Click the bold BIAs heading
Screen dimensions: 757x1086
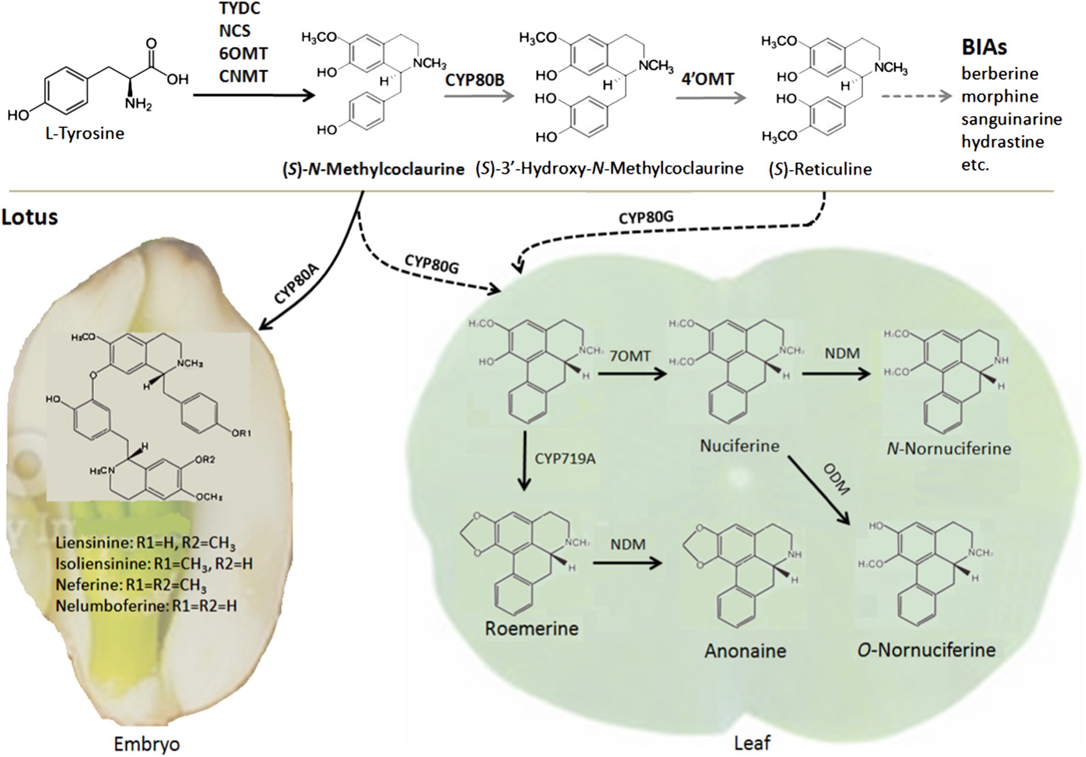pos(984,48)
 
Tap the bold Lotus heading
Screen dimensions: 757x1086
pos(30,217)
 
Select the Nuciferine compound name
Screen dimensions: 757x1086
pos(739,446)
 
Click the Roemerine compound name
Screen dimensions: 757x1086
pos(531,629)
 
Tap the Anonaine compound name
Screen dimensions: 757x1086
pos(745,651)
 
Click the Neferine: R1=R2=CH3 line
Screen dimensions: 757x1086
pos(130,585)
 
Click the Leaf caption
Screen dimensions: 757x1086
pos(752,743)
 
